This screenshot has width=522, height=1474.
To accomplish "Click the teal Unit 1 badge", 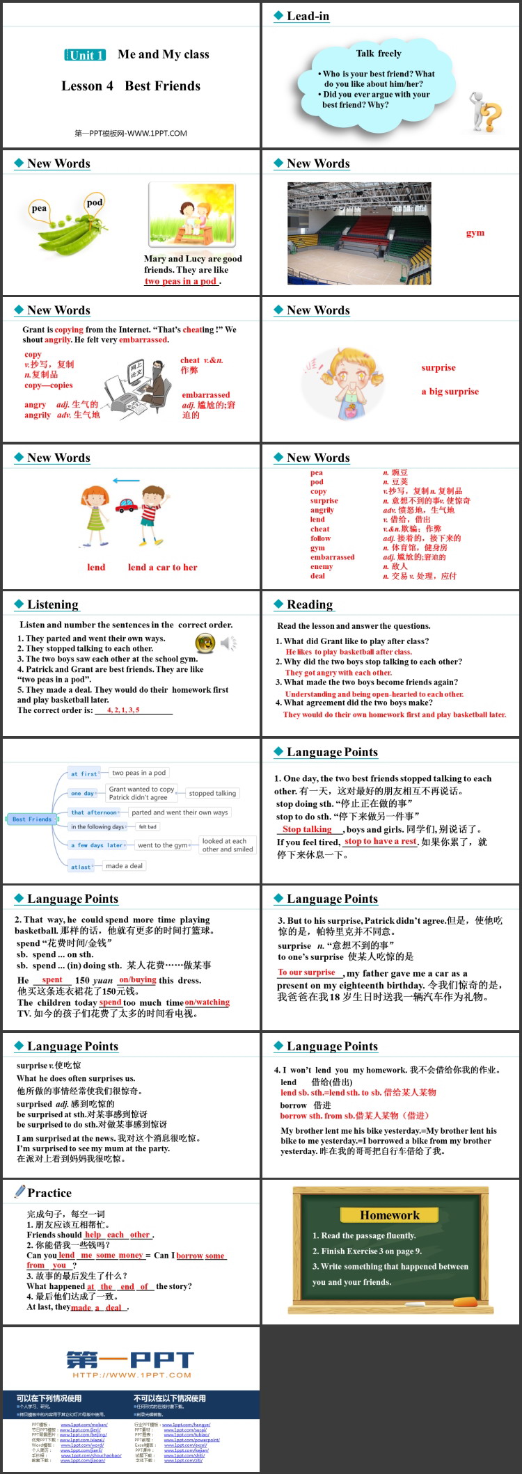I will (x=85, y=55).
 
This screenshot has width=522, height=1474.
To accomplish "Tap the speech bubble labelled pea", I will (x=40, y=209).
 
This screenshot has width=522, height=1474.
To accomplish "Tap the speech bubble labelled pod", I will (x=95, y=203).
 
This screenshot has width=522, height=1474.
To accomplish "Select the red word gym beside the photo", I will (x=475, y=232).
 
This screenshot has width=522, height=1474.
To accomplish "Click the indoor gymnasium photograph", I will (x=359, y=233).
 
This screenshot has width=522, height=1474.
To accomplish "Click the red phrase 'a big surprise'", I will (x=450, y=392).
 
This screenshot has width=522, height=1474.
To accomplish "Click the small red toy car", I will (x=126, y=505).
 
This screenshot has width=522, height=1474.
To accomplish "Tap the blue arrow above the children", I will (x=126, y=481).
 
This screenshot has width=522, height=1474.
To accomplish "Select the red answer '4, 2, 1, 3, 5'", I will (x=123, y=710).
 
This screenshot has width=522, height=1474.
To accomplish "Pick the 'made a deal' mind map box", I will (x=124, y=866).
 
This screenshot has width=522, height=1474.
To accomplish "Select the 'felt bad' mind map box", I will (x=148, y=827).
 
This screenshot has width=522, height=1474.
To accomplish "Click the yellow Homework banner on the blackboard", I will (x=390, y=1215).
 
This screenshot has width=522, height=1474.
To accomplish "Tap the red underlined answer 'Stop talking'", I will (x=307, y=829).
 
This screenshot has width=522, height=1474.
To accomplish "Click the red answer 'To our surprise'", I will (x=307, y=972).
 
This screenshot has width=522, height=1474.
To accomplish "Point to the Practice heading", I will (x=49, y=1193).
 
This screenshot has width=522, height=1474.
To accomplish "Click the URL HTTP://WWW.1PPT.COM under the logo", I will (x=131, y=1375).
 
